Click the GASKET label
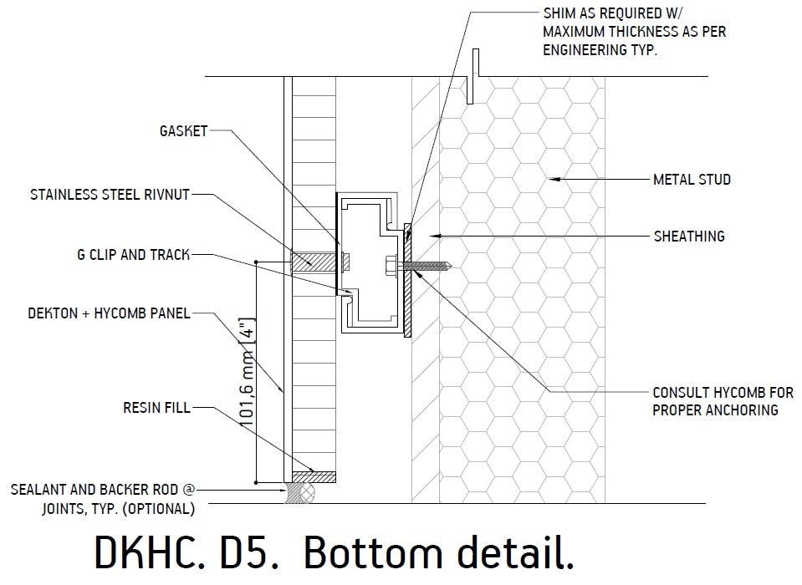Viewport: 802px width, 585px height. (182, 131)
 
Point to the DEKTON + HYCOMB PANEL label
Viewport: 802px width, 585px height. (110, 313)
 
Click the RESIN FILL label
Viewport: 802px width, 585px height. (156, 408)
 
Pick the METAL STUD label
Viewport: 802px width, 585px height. (692, 179)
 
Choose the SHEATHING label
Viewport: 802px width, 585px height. (689, 237)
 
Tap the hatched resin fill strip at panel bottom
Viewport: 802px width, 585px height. (314, 477)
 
